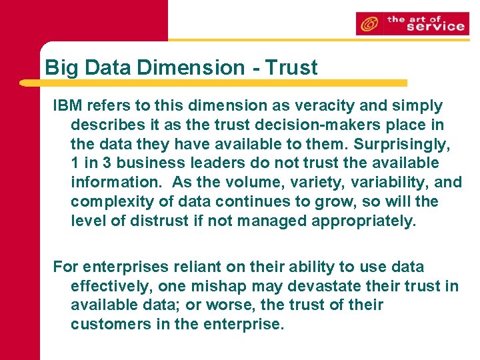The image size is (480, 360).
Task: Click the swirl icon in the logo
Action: click(367, 25)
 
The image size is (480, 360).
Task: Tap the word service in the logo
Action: click(435, 27)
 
